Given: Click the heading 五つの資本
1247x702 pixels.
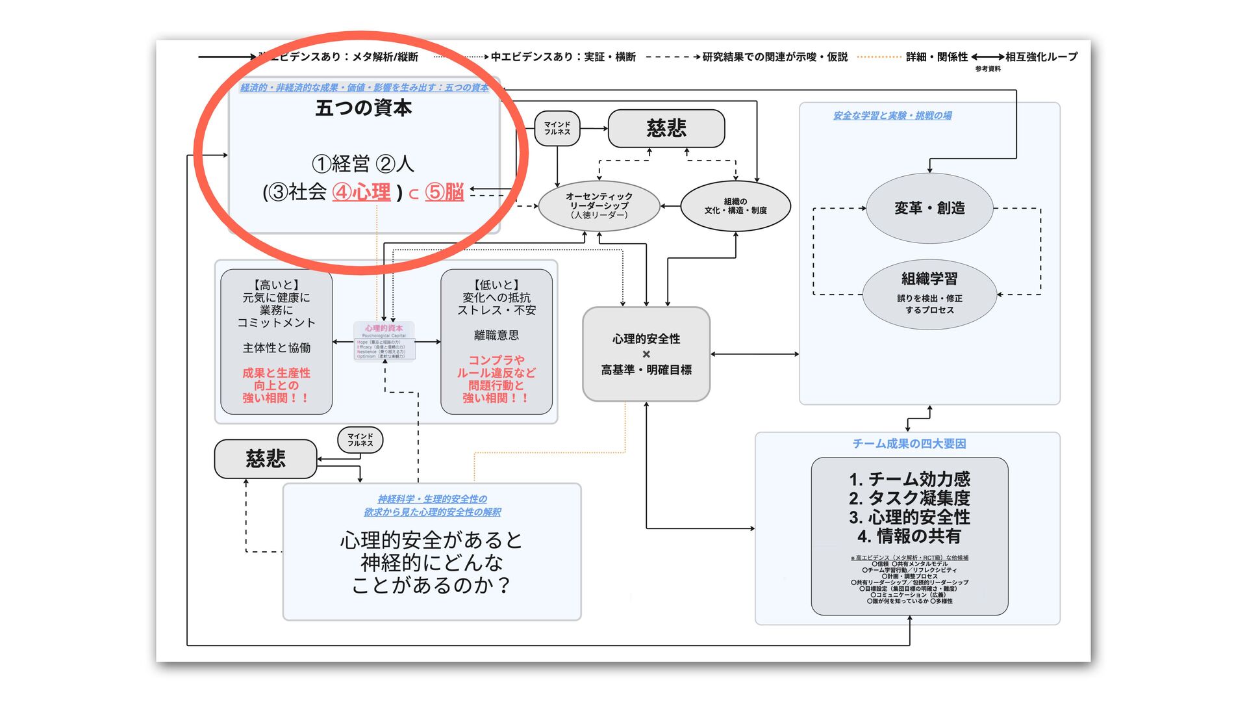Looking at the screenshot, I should coord(363,108).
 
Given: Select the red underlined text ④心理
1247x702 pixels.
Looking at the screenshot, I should coord(362,192).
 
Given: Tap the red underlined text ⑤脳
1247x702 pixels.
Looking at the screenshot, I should coord(445,192).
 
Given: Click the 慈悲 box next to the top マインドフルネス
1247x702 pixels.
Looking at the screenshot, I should coord(666,128).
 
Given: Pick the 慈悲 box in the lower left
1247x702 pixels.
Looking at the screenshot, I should coord(266,459).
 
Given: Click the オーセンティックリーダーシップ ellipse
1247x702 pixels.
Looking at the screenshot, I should coord(599,205).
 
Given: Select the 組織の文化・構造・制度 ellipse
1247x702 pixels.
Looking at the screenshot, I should coord(735,206).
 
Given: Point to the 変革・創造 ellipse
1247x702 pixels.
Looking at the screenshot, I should coord(929,208).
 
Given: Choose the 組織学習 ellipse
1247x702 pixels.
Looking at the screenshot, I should coord(929,294).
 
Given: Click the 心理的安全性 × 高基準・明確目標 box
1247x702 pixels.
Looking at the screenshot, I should coord(646,354).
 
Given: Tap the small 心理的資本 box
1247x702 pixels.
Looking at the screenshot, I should coord(384,341).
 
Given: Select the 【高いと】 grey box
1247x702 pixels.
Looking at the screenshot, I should coord(277,342).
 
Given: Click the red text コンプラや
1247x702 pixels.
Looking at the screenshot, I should coord(496,360).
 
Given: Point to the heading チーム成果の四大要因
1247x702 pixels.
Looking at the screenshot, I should coord(909,443).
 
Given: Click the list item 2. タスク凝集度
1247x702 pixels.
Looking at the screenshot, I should coord(909,499).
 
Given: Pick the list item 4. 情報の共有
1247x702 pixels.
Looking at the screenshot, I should coord(909,536).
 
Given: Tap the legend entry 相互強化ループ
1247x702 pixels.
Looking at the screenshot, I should coord(1041,57).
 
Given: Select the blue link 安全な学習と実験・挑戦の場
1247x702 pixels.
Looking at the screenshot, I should coord(892,116).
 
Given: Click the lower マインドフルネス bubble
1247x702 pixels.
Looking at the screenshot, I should coord(360,440).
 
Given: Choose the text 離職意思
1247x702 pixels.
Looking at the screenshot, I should coord(496,335).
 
